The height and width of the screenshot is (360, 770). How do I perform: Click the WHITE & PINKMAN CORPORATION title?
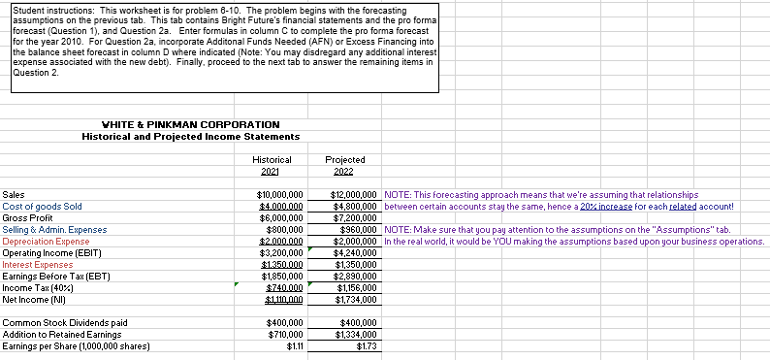[x=177, y=124]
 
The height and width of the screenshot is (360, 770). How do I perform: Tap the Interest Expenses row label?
[x=38, y=264]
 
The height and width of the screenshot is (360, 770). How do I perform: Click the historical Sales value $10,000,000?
[x=277, y=195]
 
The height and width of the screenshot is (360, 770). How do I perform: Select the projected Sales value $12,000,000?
[x=354, y=195]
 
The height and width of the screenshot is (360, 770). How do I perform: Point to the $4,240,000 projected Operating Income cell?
[x=356, y=252]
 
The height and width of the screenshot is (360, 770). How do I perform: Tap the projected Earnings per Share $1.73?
[x=367, y=345]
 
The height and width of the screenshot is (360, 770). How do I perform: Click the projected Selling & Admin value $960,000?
[x=359, y=230]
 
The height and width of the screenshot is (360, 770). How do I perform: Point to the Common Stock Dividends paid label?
[x=65, y=322]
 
